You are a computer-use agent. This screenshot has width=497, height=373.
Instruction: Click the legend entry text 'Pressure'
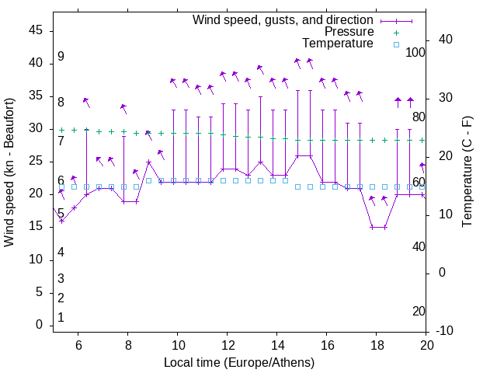(349, 32)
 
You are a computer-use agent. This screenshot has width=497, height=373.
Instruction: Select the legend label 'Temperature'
(337, 44)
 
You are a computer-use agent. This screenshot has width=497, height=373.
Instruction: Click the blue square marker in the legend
(396, 44)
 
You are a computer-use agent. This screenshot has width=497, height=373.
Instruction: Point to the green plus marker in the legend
(396, 33)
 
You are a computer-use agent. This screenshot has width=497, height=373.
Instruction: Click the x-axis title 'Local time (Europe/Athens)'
(239, 363)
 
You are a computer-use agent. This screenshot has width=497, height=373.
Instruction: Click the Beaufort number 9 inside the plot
(61, 57)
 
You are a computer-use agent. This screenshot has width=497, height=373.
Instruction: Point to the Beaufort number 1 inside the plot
(61, 318)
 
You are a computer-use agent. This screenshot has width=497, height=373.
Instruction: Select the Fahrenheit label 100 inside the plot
(415, 52)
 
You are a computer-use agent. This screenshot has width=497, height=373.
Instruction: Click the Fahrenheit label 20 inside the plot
(419, 311)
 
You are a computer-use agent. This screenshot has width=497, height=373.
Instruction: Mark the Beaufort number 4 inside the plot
(61, 252)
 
